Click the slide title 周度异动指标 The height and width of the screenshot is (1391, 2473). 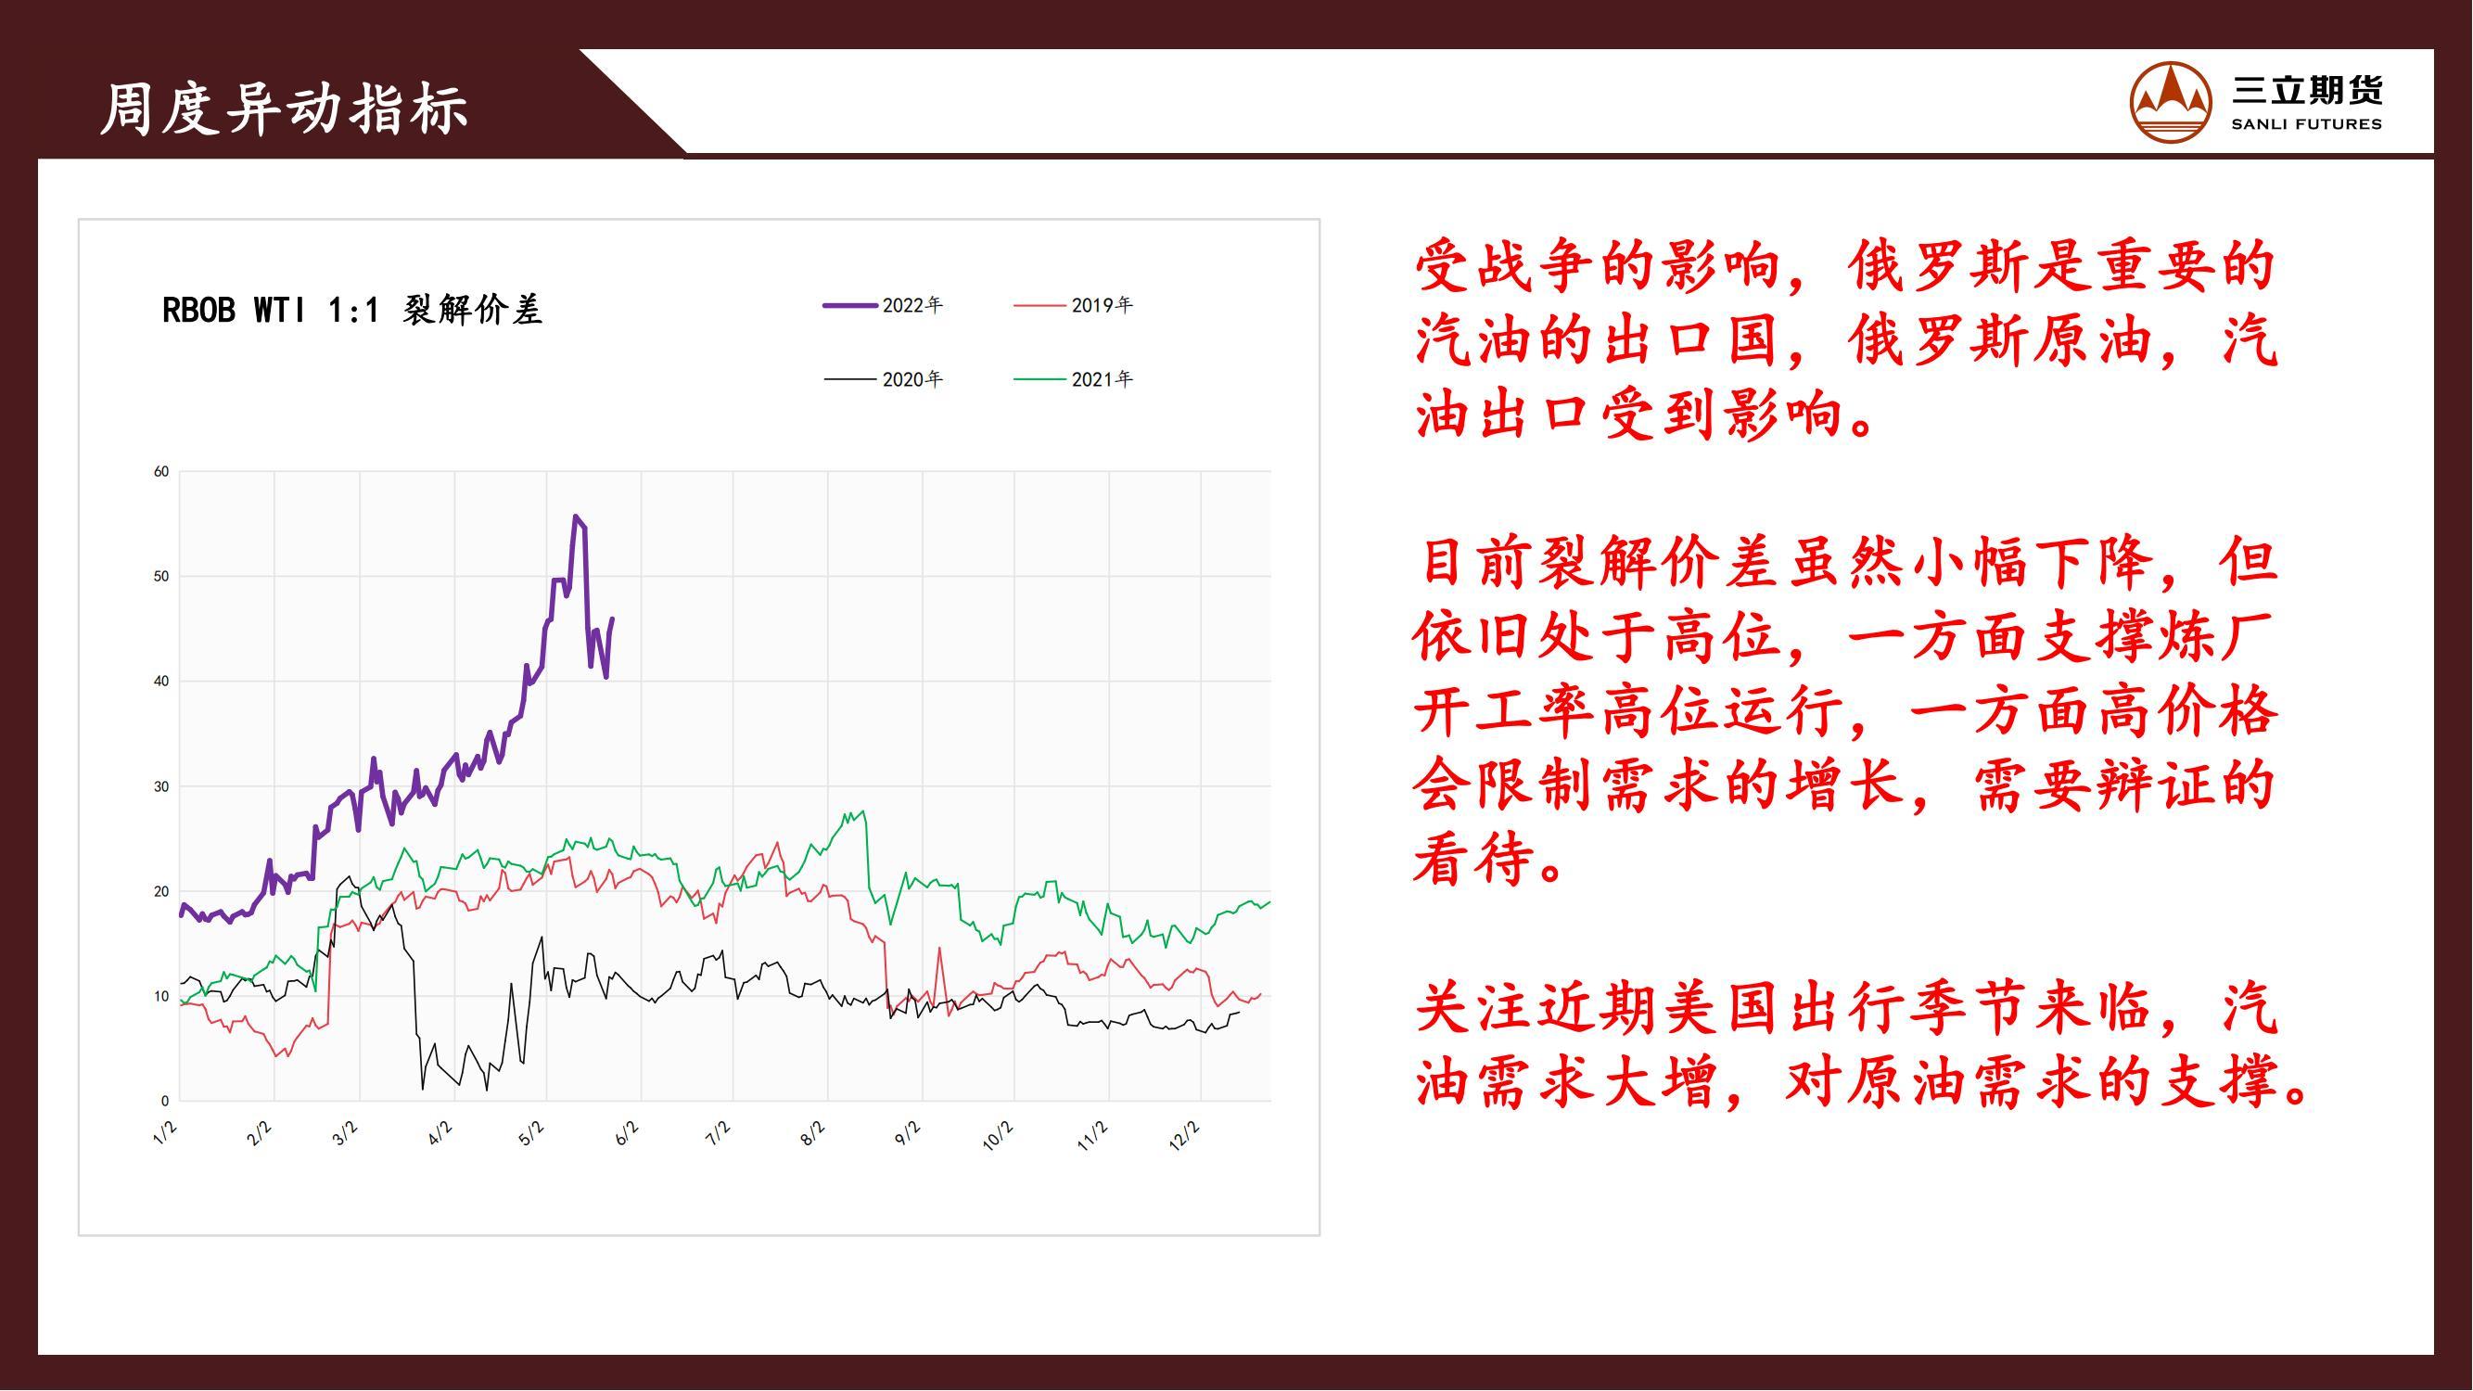tap(284, 108)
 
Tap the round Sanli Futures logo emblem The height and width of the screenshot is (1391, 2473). tap(2172, 103)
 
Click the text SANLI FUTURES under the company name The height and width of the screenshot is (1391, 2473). tap(2306, 124)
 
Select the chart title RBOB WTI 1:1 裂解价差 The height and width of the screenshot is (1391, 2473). tap(352, 310)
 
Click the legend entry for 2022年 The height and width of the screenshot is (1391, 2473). tap(883, 305)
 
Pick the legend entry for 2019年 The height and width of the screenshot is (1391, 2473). tap(1073, 305)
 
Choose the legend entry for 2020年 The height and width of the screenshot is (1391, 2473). tap(883, 379)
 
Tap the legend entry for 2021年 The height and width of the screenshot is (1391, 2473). tap(1073, 379)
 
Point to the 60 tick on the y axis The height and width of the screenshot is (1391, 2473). tap(161, 471)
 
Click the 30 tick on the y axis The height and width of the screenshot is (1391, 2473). tap(161, 786)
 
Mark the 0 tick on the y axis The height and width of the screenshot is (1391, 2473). tap(165, 1101)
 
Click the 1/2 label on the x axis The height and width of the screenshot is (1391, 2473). tap(165, 1133)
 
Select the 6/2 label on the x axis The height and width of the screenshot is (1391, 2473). tap(626, 1133)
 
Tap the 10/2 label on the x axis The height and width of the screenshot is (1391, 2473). tap(998, 1136)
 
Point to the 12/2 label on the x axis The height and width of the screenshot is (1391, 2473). tap(1185, 1136)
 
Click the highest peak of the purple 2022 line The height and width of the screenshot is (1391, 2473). tap(575, 516)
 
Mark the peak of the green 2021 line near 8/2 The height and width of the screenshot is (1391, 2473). tap(864, 812)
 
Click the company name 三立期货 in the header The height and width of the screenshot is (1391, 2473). tap(2306, 91)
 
